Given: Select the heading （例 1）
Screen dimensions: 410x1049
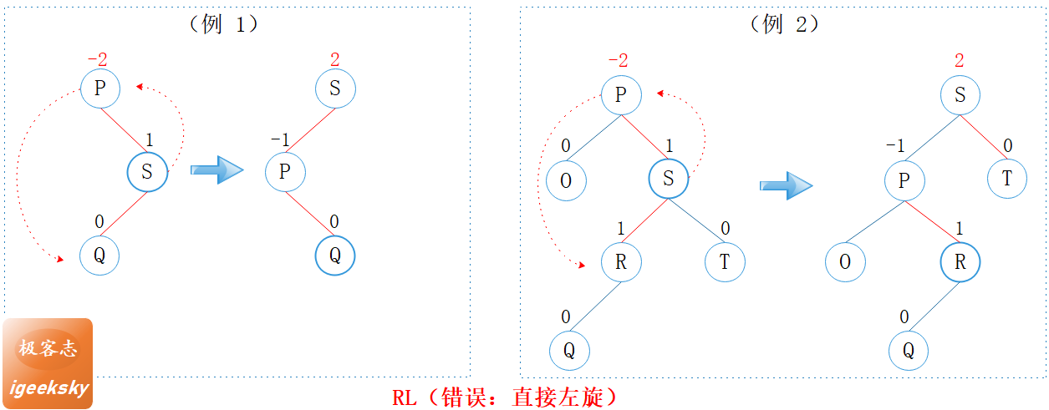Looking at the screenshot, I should click(x=224, y=24).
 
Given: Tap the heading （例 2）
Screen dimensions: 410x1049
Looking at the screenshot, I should click(x=784, y=24).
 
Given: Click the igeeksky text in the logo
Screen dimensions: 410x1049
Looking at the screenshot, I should click(x=48, y=388).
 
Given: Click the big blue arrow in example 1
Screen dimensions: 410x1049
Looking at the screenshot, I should click(x=216, y=170).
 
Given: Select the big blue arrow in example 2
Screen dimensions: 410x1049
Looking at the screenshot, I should click(x=786, y=185).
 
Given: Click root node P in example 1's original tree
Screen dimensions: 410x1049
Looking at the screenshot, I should click(x=100, y=89).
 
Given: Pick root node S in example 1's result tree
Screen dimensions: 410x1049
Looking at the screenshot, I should click(x=335, y=89).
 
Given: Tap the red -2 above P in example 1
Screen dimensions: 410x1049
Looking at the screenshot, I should click(x=97, y=60).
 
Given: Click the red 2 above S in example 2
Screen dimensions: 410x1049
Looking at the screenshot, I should click(x=960, y=60).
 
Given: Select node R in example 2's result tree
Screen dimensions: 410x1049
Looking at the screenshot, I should click(x=960, y=262).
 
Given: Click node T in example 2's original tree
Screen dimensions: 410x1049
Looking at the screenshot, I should click(x=724, y=262).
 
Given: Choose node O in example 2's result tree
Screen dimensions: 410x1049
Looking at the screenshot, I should click(x=845, y=262).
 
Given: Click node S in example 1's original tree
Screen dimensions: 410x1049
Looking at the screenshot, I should click(x=147, y=172).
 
